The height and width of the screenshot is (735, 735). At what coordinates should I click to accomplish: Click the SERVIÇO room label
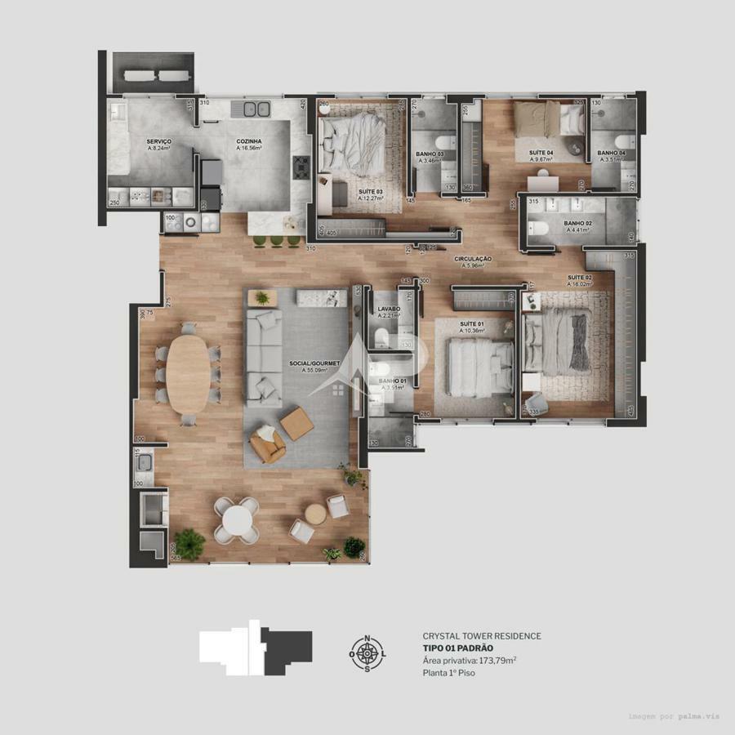pos(158,141)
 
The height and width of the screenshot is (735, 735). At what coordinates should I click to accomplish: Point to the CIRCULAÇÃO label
pos(474,257)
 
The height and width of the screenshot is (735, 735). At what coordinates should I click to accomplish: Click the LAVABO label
pos(388,309)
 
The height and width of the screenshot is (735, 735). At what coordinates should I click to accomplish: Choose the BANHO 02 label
pos(578,224)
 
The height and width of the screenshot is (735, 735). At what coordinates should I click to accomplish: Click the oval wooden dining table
pos(189,374)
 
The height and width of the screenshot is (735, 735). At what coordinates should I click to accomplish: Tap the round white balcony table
pos(237,520)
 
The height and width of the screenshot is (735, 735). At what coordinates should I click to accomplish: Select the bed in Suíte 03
pos(351,143)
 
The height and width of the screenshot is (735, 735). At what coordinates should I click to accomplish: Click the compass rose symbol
pos(367,653)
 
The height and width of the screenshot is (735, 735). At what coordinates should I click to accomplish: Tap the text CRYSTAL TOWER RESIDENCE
pos(481,635)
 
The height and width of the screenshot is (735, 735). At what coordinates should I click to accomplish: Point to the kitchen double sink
pos(252,108)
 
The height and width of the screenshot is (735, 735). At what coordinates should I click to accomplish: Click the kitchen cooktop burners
pos(301,166)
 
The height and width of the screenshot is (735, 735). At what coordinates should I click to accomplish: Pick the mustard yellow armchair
pos(267,445)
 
